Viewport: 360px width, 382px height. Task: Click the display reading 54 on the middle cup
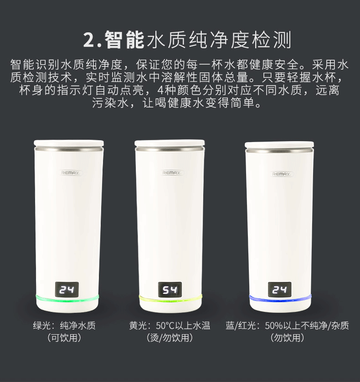tap(170, 290)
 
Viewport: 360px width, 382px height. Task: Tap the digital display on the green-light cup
tap(67, 290)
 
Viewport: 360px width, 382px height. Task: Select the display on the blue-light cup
tap(279, 290)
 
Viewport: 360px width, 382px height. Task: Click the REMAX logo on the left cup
tap(70, 173)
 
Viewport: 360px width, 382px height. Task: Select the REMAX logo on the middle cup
tap(172, 173)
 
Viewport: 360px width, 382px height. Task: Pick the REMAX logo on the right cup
tap(282, 174)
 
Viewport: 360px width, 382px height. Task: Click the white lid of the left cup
tap(69, 143)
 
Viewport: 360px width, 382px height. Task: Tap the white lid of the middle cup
tap(170, 143)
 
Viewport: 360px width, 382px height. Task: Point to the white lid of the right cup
tap(279, 145)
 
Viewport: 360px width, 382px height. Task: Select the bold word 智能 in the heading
tap(125, 40)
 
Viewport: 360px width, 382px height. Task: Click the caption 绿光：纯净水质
tap(64, 326)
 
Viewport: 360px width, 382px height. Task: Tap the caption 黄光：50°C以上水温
tap(170, 326)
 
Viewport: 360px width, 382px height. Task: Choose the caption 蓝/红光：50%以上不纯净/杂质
tap(288, 326)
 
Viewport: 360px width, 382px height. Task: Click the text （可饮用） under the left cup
tap(64, 338)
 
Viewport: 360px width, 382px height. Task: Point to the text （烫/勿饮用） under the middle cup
tap(170, 338)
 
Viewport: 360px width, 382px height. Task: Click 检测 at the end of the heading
tap(272, 40)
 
